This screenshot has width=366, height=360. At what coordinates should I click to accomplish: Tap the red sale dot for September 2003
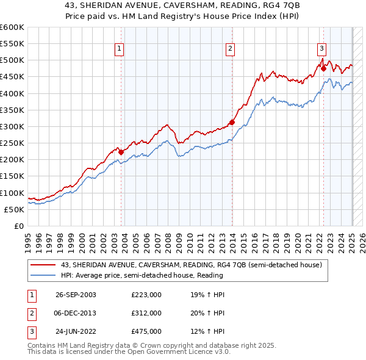coord(121,152)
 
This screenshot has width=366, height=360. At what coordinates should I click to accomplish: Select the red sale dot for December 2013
coord(232,123)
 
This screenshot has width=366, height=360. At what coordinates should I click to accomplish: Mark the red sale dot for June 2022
coord(324,69)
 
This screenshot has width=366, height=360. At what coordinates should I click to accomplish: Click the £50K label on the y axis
coord(15,209)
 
